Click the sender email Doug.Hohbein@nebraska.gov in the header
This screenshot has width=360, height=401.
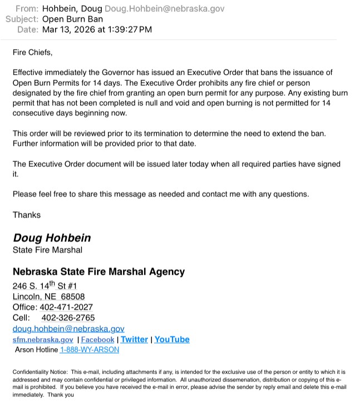(x=164, y=9)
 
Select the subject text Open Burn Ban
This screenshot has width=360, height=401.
(x=72, y=19)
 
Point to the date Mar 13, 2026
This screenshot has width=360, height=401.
(x=66, y=29)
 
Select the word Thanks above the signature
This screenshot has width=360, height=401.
(x=27, y=215)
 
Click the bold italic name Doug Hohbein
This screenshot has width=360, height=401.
(x=52, y=237)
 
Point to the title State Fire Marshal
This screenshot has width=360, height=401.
(x=47, y=250)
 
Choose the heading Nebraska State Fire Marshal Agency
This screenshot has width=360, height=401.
(x=98, y=272)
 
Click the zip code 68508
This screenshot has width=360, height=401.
(x=73, y=296)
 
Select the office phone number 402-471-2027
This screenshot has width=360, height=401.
(x=66, y=307)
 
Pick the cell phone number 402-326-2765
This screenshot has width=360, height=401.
(x=68, y=318)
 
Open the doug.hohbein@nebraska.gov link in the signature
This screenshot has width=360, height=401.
(x=68, y=329)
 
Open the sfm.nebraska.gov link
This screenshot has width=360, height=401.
(x=43, y=340)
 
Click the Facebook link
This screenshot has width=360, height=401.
(x=97, y=340)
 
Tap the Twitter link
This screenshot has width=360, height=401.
(x=134, y=339)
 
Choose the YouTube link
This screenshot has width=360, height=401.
(x=172, y=339)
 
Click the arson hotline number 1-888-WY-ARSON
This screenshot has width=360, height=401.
(x=89, y=350)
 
